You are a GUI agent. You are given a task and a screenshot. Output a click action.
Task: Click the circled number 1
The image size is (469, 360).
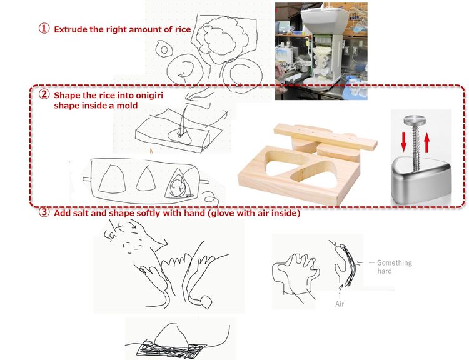(x=44, y=29)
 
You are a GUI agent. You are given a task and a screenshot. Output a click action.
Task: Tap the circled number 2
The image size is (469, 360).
(x=44, y=94)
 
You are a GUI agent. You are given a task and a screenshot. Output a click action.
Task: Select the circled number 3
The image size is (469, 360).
(x=44, y=212)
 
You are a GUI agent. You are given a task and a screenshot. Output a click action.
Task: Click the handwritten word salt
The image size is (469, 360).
(x=114, y=230)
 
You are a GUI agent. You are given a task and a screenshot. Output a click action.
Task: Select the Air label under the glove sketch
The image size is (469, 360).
(x=340, y=304)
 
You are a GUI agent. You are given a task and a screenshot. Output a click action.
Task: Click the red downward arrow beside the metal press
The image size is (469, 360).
(x=403, y=141)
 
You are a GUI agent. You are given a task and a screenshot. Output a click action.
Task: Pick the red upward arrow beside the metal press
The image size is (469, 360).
(x=426, y=142)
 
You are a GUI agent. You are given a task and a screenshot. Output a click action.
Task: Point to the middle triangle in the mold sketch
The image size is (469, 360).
(x=146, y=179)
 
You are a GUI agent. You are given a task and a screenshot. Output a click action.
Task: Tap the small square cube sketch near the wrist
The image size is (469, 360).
(x=206, y=302)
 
